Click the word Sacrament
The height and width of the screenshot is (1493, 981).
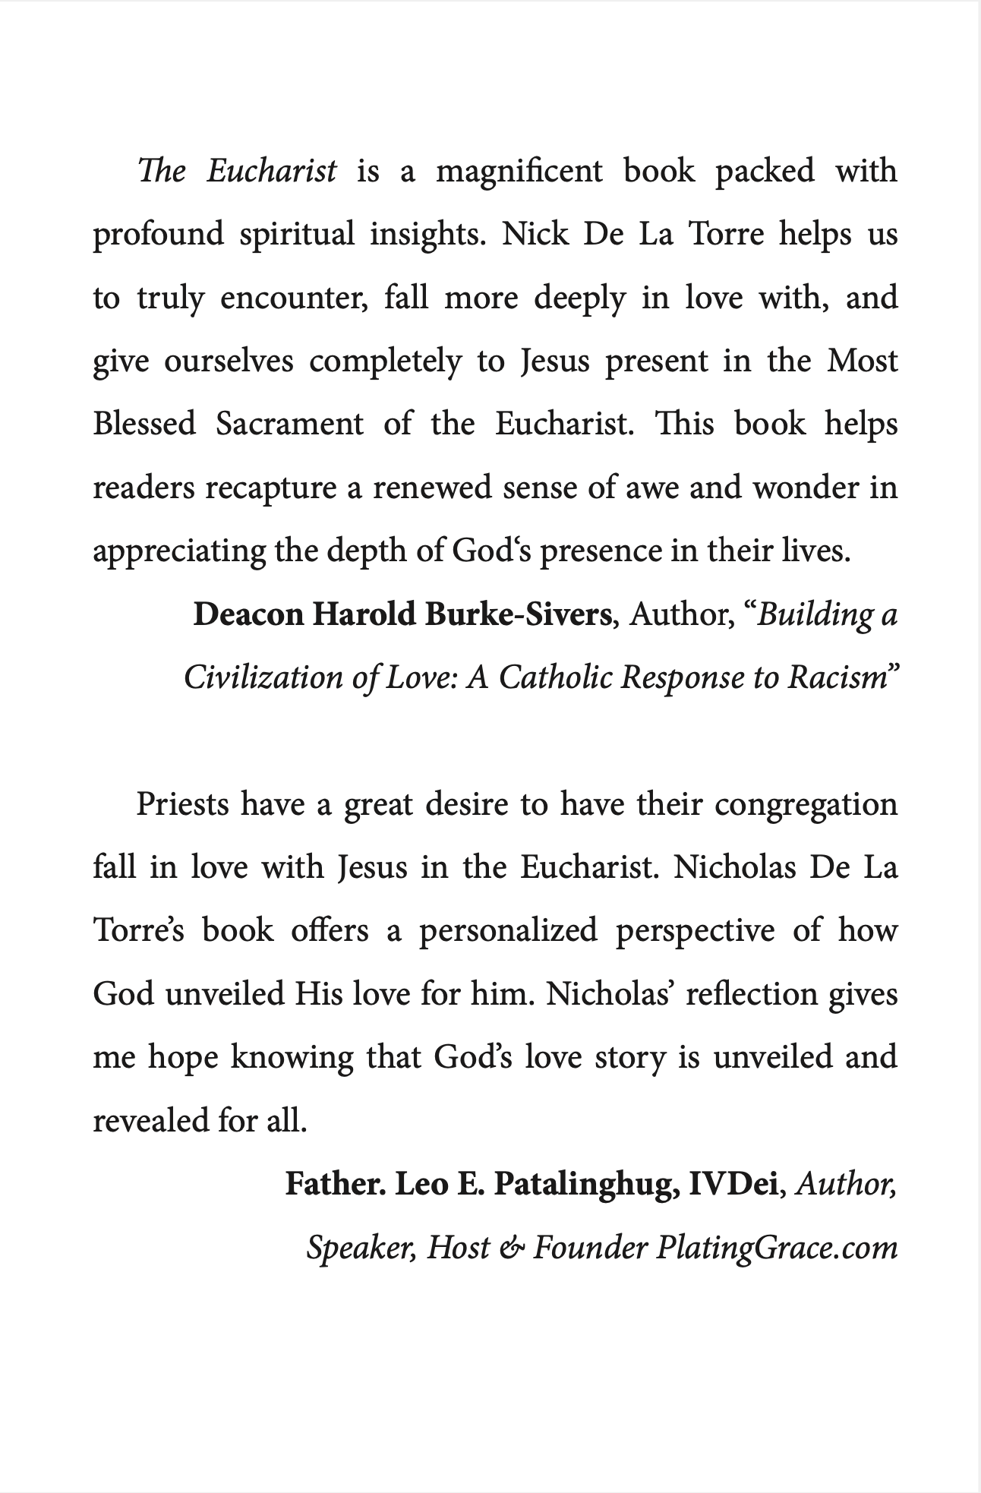289,424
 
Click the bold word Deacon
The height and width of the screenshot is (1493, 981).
249,614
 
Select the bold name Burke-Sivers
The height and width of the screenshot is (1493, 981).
518,614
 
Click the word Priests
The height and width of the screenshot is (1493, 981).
182,804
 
